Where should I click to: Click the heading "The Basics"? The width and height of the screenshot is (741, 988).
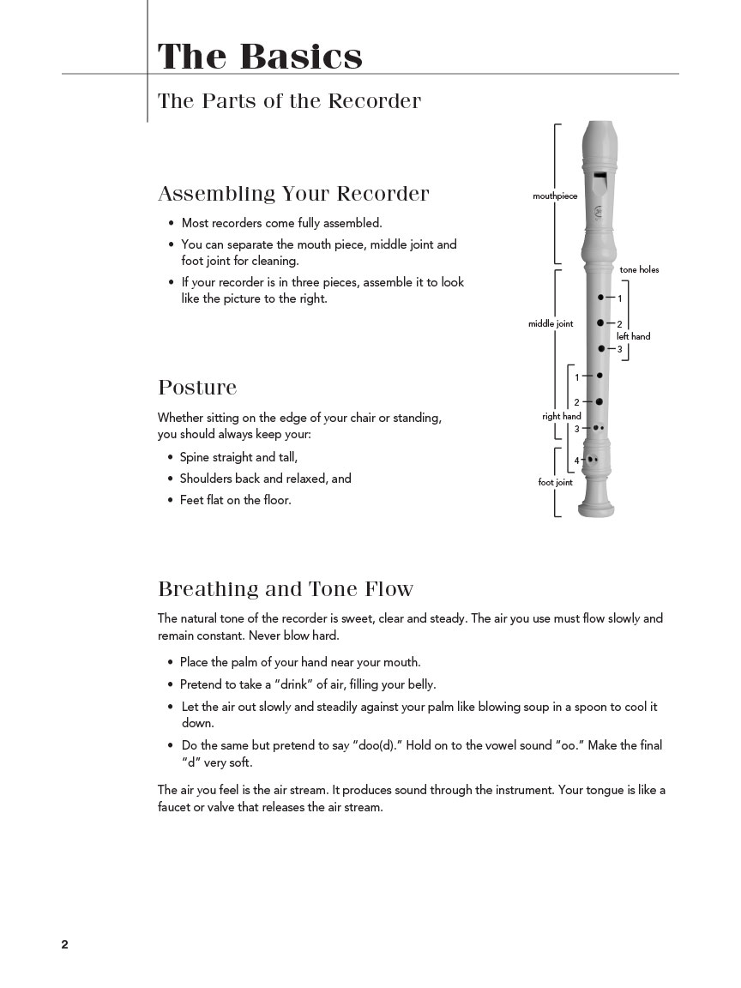[x=260, y=57]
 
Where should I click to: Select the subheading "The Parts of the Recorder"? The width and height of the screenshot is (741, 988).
[x=289, y=101]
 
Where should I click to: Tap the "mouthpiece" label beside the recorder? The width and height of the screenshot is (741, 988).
[x=555, y=196]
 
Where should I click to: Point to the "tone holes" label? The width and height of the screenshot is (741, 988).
[x=639, y=270]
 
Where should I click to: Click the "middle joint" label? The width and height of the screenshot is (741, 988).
[x=551, y=324]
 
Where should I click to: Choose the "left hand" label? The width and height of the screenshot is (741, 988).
[x=633, y=337]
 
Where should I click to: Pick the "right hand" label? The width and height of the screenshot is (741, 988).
[x=561, y=417]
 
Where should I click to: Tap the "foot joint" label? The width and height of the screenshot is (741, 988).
[x=555, y=483]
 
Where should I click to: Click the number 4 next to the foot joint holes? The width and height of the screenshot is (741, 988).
[x=576, y=461]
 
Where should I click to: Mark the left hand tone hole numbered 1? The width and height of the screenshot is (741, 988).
[x=600, y=298]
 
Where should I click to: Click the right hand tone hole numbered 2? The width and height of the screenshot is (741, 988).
[x=599, y=401]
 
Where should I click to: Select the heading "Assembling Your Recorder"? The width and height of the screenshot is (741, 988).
[x=293, y=194]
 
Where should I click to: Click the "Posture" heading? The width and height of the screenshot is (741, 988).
[x=197, y=388]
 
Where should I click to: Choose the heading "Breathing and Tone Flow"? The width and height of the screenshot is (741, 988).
[x=286, y=589]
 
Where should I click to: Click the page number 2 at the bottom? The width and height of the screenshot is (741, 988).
[x=64, y=944]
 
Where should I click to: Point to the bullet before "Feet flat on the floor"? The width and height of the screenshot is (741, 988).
[x=171, y=500]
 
